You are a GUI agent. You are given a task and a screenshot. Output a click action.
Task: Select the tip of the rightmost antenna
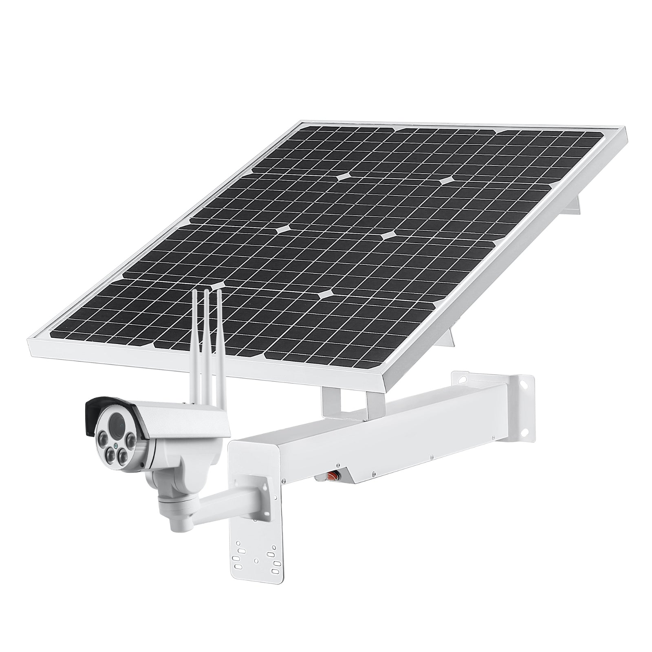(219, 291)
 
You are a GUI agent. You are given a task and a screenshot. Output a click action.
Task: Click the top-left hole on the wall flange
(462, 379)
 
